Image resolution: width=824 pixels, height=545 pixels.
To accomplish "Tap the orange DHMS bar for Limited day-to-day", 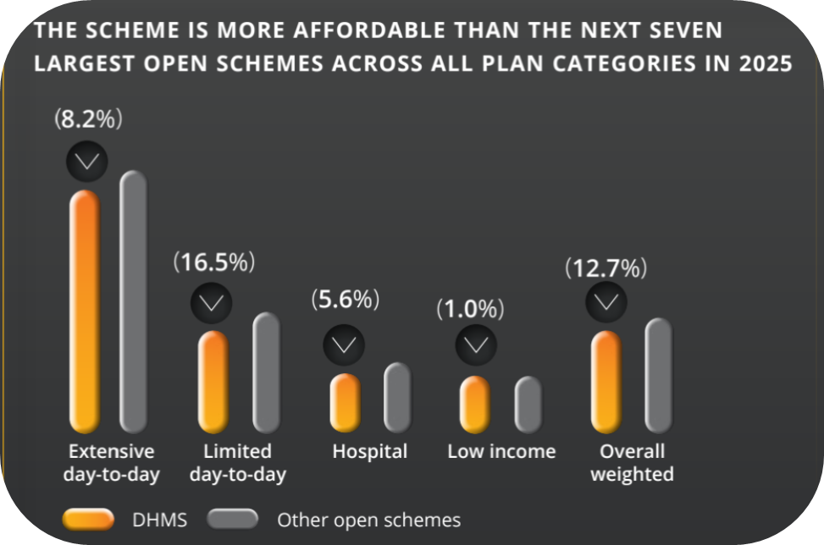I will click(213, 381).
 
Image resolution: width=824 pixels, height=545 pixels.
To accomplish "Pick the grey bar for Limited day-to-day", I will click(266, 372).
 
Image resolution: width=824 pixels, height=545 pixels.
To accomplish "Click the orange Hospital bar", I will click(345, 403).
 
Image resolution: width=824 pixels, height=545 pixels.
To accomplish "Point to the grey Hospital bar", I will click(397, 397).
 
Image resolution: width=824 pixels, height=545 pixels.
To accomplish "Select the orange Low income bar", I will click(474, 405).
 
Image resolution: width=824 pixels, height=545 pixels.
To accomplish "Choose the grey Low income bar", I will click(528, 404).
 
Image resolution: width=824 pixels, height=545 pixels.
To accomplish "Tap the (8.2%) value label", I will click(89, 119).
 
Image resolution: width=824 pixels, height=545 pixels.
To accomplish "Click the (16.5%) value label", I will click(213, 262).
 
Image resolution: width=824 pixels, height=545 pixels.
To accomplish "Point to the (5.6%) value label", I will click(345, 299).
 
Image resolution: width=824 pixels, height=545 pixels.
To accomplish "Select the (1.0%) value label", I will click(470, 310).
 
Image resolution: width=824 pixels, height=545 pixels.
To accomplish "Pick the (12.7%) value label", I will click(606, 269).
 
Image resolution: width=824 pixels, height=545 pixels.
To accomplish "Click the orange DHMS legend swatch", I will click(88, 519).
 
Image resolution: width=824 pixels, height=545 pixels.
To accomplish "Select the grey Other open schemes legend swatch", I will click(234, 519).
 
